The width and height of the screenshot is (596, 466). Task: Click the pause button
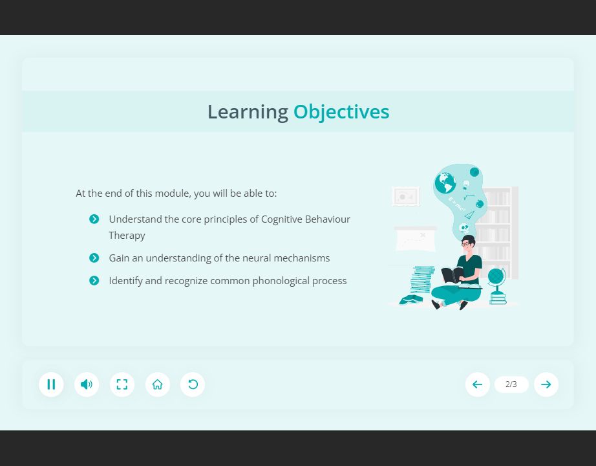(x=51, y=384)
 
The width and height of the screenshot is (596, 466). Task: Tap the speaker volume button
(x=87, y=384)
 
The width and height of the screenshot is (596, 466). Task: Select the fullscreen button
(x=122, y=384)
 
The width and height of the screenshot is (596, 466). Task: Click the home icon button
(x=157, y=384)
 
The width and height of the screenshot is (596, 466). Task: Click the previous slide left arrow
(x=478, y=384)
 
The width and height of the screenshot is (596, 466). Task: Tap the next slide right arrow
(x=546, y=384)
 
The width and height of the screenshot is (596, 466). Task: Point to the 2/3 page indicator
(x=511, y=384)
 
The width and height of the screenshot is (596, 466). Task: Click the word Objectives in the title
(x=341, y=112)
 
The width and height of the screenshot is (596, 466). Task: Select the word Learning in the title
(x=248, y=113)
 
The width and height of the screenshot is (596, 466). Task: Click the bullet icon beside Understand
(x=94, y=219)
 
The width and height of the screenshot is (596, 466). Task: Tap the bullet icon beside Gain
(x=94, y=258)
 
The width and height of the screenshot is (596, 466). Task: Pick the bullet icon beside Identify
(x=94, y=281)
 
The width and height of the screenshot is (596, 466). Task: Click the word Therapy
(x=127, y=236)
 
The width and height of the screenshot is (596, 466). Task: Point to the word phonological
(x=274, y=281)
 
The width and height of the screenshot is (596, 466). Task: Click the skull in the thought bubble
(x=463, y=228)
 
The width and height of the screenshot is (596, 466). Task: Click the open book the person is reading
(x=452, y=275)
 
